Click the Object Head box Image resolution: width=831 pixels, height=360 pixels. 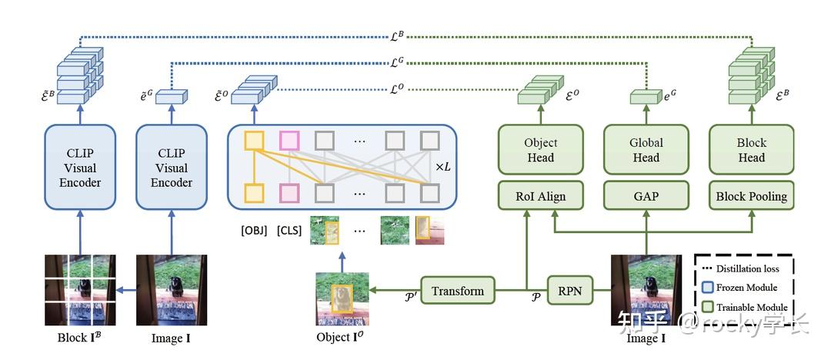[x=540, y=150]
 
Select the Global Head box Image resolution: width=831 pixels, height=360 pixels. [x=646, y=150]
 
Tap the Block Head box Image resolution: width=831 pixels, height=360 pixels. [x=751, y=150]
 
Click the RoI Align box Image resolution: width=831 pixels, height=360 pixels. [x=540, y=196]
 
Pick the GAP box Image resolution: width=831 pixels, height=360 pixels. [x=646, y=196]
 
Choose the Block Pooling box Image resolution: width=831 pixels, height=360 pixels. [x=751, y=196]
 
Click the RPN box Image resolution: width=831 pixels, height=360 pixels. [x=570, y=291]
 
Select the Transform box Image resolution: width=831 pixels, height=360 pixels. [x=458, y=291]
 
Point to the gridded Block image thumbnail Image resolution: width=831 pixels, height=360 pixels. [x=80, y=292]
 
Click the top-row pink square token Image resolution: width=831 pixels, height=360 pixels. [x=289, y=140]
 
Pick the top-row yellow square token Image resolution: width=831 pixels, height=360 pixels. [x=254, y=140]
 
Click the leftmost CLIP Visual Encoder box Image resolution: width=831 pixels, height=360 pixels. [x=80, y=167]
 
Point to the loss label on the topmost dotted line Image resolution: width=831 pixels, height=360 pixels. [x=397, y=35]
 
